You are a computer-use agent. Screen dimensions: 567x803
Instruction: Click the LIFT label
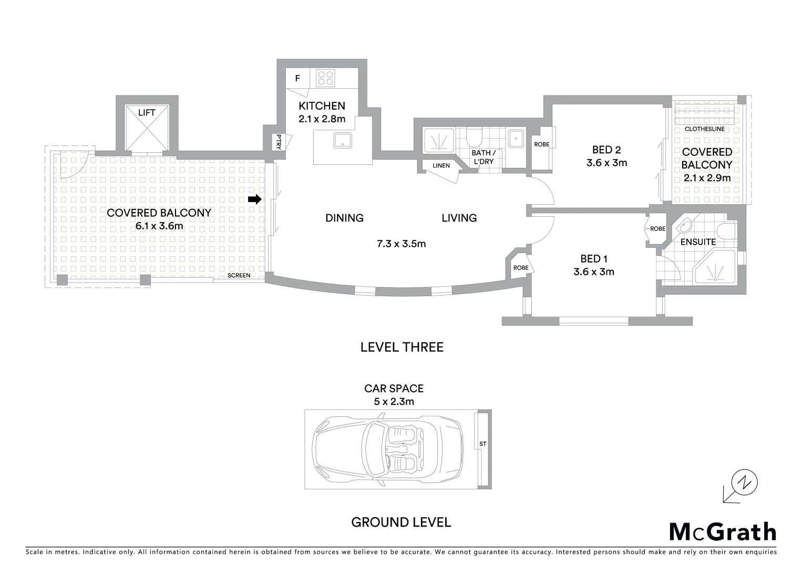[x=147, y=113]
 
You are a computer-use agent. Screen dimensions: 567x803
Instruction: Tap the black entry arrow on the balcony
[x=255, y=199]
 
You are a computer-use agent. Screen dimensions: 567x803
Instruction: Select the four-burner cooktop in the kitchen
[x=325, y=78]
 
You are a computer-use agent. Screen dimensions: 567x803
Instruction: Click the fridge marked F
[x=297, y=79]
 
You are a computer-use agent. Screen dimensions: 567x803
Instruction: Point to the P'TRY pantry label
[x=279, y=142]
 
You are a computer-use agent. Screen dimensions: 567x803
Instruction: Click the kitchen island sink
[x=343, y=140]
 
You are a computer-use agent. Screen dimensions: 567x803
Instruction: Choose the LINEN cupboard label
[x=441, y=165]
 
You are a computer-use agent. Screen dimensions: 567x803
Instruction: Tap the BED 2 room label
[x=606, y=150]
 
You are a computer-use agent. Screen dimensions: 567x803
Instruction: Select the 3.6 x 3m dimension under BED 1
[x=594, y=271]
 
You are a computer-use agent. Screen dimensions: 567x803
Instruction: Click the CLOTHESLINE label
[x=704, y=129]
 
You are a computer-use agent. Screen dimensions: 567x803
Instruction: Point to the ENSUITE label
[x=698, y=242]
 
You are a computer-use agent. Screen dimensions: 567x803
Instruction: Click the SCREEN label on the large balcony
[x=239, y=276]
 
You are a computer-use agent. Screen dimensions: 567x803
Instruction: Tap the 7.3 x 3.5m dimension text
[x=401, y=244]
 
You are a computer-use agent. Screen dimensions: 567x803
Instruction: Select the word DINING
[x=344, y=218]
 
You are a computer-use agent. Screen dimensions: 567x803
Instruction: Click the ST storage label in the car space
[x=483, y=444]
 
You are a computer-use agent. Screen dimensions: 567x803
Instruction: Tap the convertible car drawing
[x=388, y=449]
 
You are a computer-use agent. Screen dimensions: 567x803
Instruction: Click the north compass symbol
[x=745, y=482]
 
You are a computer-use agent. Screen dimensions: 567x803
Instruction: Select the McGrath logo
[x=723, y=532]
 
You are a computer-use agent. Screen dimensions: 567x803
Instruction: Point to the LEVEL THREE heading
[x=401, y=347]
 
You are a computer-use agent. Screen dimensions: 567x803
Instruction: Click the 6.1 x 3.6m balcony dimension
[x=159, y=226]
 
